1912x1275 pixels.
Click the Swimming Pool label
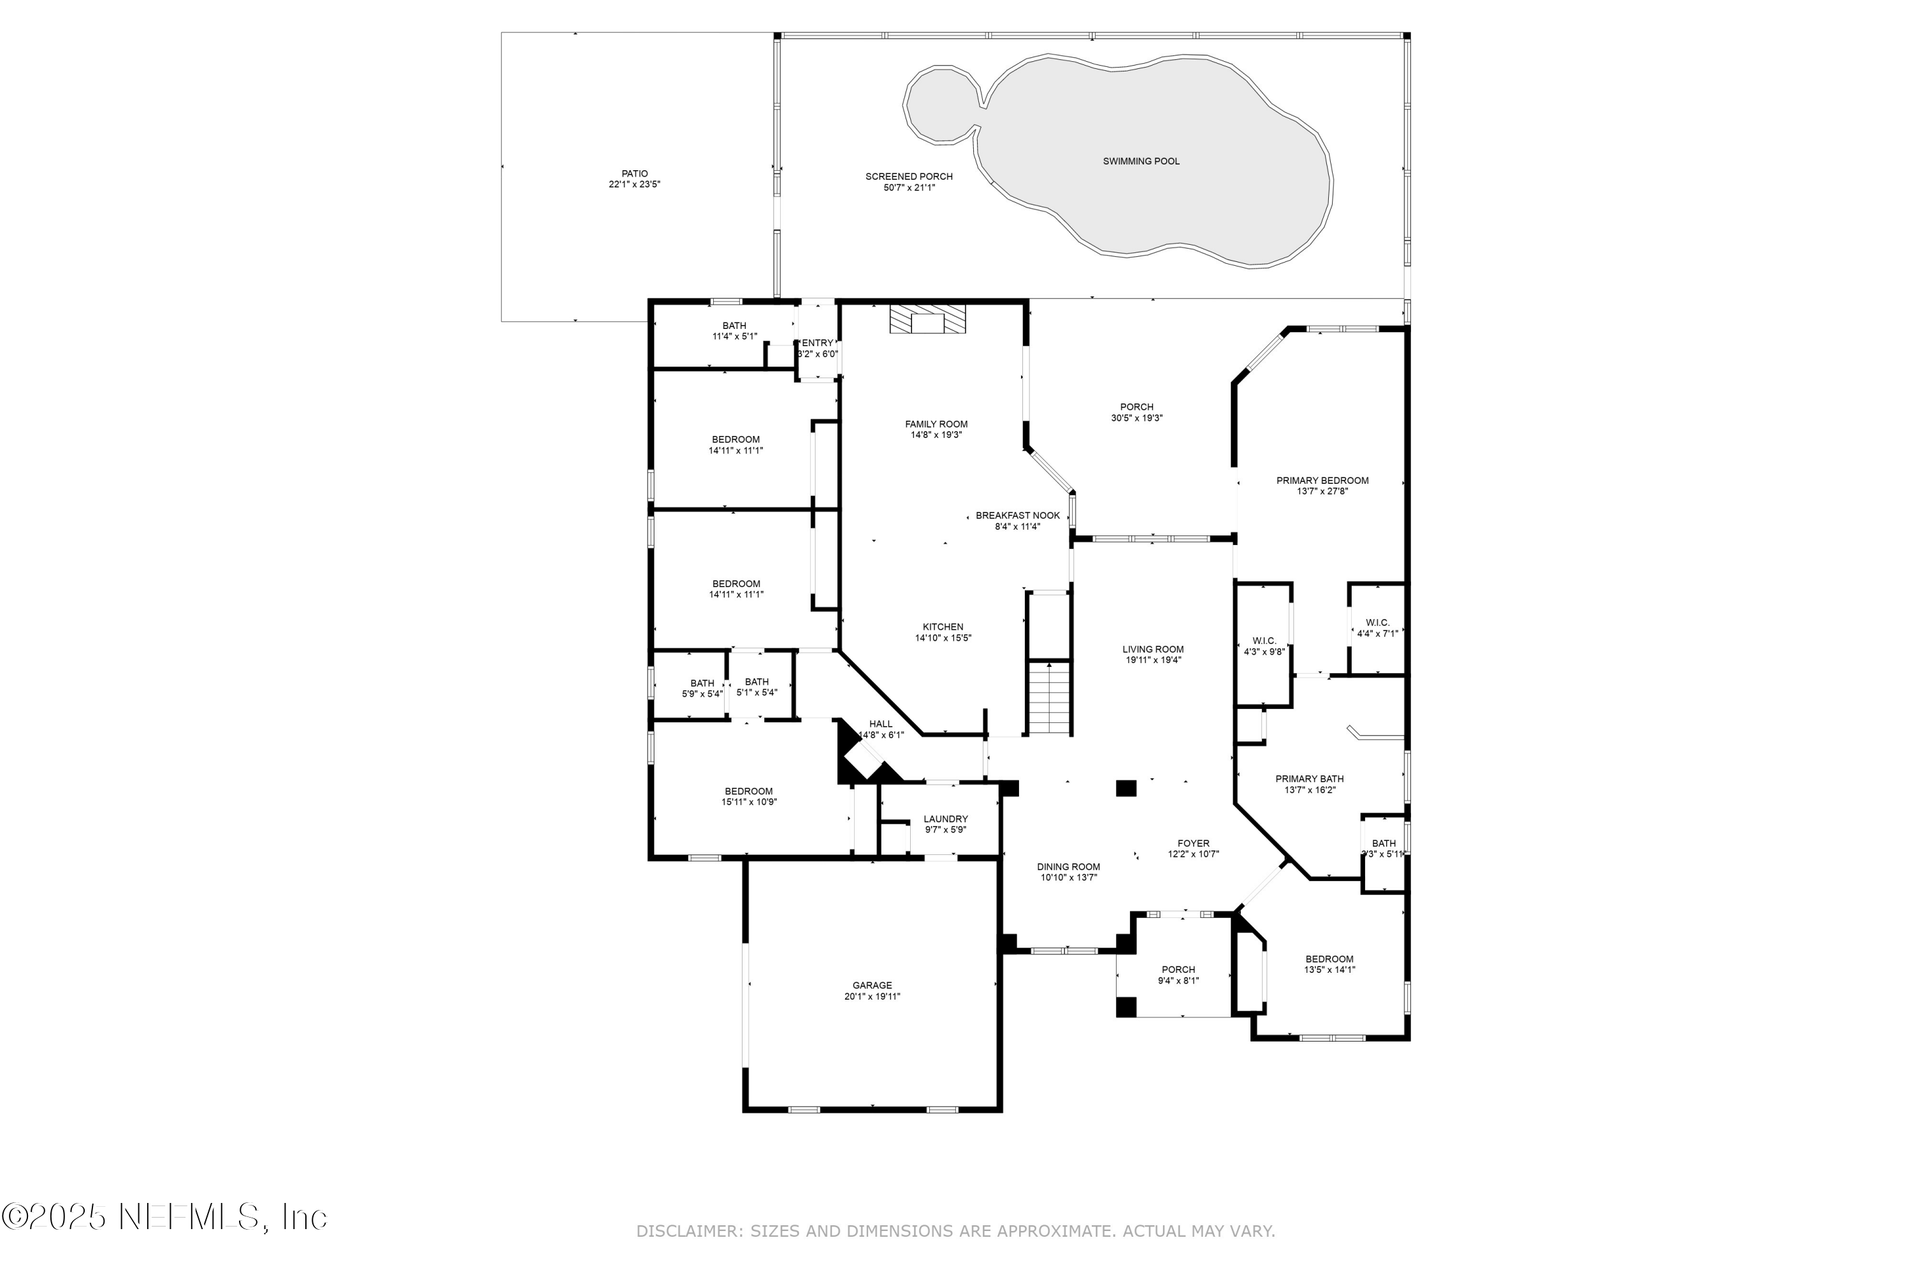[x=1141, y=161]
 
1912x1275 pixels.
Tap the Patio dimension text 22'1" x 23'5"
[x=634, y=185]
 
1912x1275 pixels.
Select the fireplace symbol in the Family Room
[x=927, y=319]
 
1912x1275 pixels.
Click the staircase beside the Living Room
[x=1050, y=697]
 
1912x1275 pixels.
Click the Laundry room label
[x=945, y=819]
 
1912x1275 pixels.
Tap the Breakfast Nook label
[x=1018, y=516]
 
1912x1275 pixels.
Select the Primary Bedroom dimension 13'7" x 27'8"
[x=1322, y=491]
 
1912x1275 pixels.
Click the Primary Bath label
[x=1309, y=779]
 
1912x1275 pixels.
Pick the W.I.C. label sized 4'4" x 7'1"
[x=1377, y=623]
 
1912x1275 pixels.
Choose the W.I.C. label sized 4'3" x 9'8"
[x=1264, y=641]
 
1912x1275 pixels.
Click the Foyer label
[x=1193, y=843]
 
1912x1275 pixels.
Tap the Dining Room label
[x=1068, y=867]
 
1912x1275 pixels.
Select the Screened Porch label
[x=909, y=177]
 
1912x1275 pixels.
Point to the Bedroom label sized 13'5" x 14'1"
[x=1329, y=959]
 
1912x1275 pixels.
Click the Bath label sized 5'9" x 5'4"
[x=702, y=683]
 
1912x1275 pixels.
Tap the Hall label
[x=880, y=724]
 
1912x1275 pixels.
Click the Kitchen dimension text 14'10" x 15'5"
[x=943, y=638]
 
